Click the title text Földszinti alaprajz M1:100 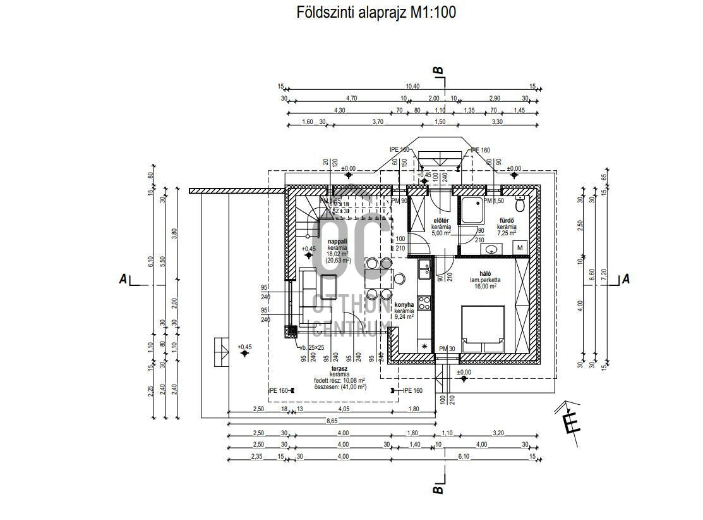[376, 13]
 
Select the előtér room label [440, 220]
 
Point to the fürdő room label [506, 220]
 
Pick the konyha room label [404, 304]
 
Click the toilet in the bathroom [520, 204]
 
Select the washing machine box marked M [520, 247]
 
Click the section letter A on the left [123, 279]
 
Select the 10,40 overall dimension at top [412, 86]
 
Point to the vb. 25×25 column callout [311, 347]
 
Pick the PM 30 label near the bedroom [447, 349]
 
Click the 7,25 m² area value [507, 233]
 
